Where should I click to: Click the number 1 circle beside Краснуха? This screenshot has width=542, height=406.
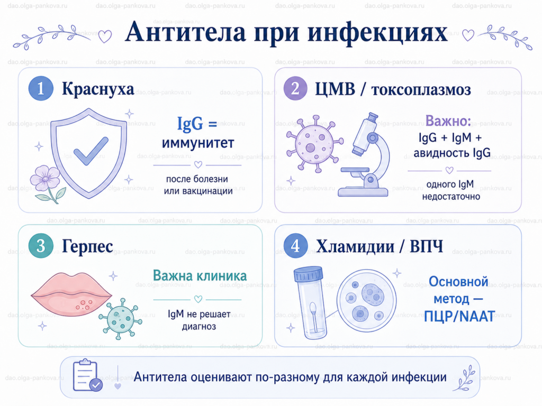coord(41,88)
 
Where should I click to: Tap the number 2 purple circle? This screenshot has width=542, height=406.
coord(295,88)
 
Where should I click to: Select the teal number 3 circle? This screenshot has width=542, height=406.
coord(41,246)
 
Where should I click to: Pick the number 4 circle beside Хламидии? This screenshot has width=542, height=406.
coord(295,246)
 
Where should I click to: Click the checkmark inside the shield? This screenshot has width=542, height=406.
coord(91,151)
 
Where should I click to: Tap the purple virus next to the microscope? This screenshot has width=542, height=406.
coord(314,143)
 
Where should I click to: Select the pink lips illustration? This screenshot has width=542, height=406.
coord(71,294)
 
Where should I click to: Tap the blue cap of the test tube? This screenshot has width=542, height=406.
coord(309,274)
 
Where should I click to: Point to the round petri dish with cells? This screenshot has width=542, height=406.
coord(366,300)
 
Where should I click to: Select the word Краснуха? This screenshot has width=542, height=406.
coord(98,89)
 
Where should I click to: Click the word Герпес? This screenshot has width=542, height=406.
coord(87,246)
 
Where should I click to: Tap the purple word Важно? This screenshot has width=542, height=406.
coord(448,121)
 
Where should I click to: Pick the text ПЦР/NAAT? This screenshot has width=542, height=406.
coord(459,316)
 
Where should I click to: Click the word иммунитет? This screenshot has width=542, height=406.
coord(198,143)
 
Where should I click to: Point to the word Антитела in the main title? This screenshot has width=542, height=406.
coord(186,32)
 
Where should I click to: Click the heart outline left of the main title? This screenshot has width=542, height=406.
coord(105,36)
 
